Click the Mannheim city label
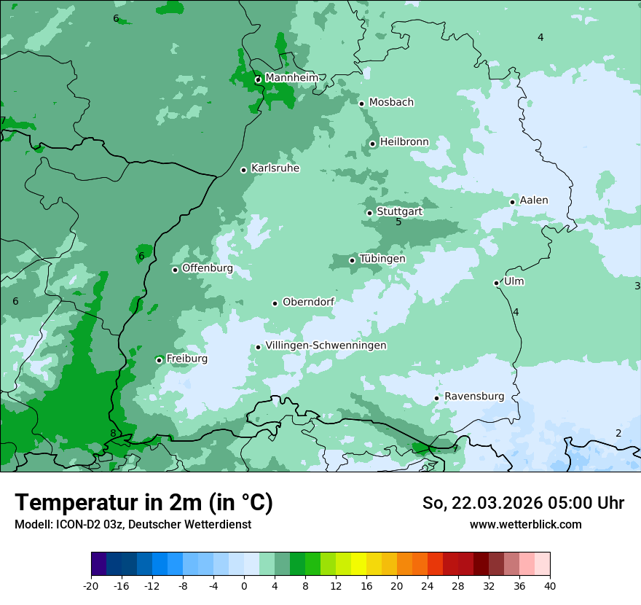coord(291,77)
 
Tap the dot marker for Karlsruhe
coord(243,170)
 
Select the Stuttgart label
coord(399,211)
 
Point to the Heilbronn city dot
coord(372,144)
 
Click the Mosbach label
coord(391,102)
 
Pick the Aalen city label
coord(534,200)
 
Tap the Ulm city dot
coord(496,283)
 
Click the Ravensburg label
coord(474,396)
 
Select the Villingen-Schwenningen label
coord(326,345)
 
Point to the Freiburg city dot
coord(159,360)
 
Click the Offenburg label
coord(208,268)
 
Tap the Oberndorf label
coord(308,302)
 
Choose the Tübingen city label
coord(382,258)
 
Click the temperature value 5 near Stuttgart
coord(398,222)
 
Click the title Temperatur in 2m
coord(143,502)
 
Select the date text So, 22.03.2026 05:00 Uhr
coord(523,503)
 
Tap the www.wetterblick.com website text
coord(525,524)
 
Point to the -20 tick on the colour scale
coord(91,585)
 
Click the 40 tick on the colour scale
coord(550,585)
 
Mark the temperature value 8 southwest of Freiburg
coord(113,433)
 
